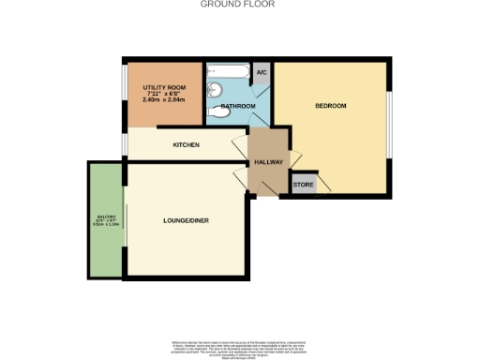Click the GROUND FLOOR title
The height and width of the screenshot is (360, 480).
click(x=239, y=5)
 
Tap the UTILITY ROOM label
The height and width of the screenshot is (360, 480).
click(x=165, y=86)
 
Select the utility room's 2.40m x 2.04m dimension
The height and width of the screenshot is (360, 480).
click(x=165, y=100)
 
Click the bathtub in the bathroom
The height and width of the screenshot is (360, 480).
click(x=228, y=72)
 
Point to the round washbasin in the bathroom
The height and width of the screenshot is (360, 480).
click(x=216, y=90)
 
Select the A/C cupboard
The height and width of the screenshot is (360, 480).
click(x=262, y=73)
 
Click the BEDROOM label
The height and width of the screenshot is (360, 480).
click(x=330, y=106)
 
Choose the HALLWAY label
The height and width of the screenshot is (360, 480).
click(x=268, y=161)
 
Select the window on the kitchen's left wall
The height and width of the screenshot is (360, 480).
click(x=127, y=143)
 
